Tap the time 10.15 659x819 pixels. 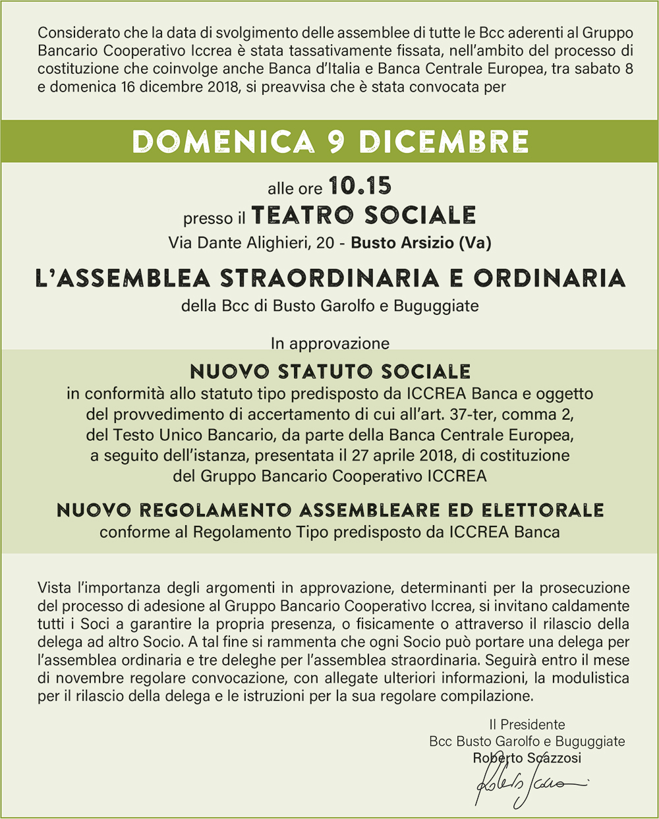click(360, 186)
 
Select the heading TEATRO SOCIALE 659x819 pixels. click(364, 215)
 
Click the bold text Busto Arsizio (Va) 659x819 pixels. click(421, 243)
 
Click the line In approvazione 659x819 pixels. click(329, 343)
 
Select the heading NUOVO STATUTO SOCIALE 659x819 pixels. click(330, 372)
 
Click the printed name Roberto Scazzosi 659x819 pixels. click(527, 758)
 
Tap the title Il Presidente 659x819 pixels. click(527, 725)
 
